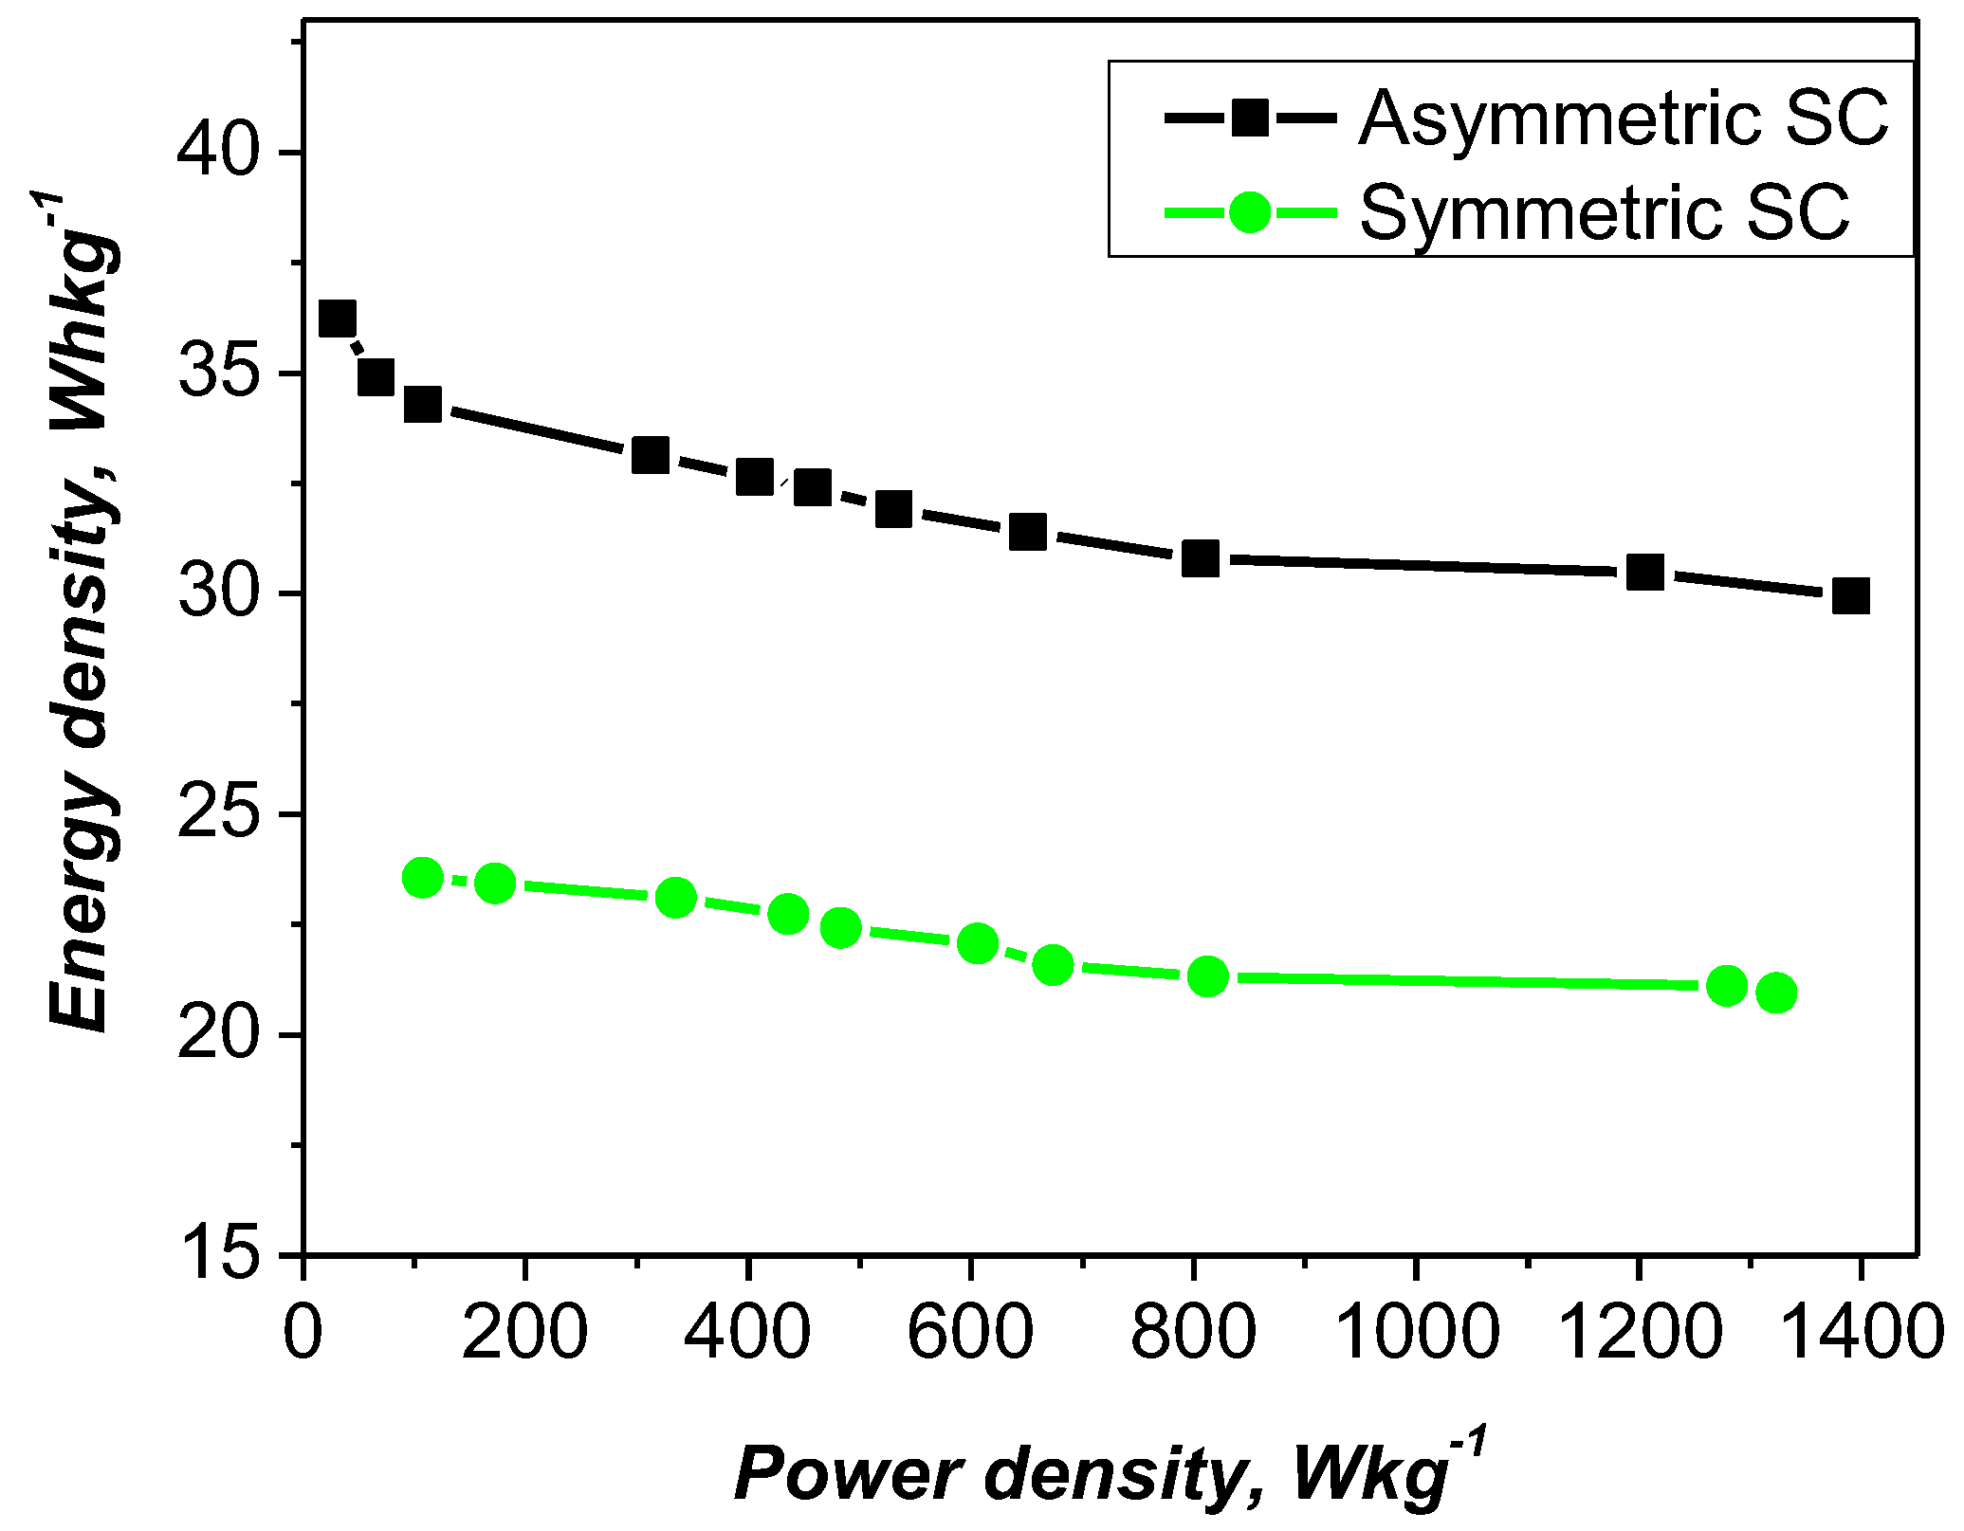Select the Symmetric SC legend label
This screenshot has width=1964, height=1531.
(1605, 212)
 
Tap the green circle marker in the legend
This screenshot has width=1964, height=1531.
(1250, 212)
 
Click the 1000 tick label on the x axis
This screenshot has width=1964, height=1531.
(1416, 1332)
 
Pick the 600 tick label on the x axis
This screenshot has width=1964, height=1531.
(970, 1332)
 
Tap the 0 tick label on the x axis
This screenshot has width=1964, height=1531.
(303, 1332)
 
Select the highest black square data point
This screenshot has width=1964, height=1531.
(338, 319)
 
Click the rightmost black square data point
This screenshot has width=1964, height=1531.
(1850, 596)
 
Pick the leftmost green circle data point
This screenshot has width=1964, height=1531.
(423, 878)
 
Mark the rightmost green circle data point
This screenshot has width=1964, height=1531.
(1776, 993)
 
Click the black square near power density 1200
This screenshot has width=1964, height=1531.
(1645, 573)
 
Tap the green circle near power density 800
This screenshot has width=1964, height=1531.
(1207, 975)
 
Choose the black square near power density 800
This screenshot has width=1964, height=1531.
(1201, 559)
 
